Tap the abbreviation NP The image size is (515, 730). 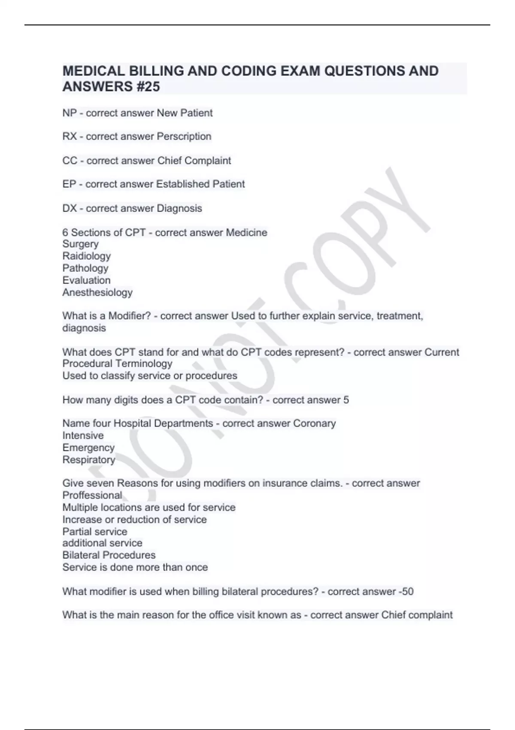click(x=70, y=113)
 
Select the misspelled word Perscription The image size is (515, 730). click(x=184, y=137)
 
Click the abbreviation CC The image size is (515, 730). click(x=70, y=161)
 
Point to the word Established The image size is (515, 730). click(x=182, y=184)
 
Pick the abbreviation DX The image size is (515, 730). click(x=70, y=208)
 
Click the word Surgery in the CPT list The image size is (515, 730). click(x=81, y=244)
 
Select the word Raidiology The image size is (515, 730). click(x=86, y=256)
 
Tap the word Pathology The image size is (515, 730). click(x=85, y=268)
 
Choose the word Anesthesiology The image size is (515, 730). click(x=97, y=292)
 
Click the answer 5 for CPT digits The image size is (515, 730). click(x=346, y=400)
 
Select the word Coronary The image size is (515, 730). click(x=314, y=423)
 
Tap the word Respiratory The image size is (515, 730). click(x=89, y=460)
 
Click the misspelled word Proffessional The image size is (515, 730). click(x=92, y=495)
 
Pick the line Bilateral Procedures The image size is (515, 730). click(x=109, y=555)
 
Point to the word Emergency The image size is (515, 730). click(x=88, y=447)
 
